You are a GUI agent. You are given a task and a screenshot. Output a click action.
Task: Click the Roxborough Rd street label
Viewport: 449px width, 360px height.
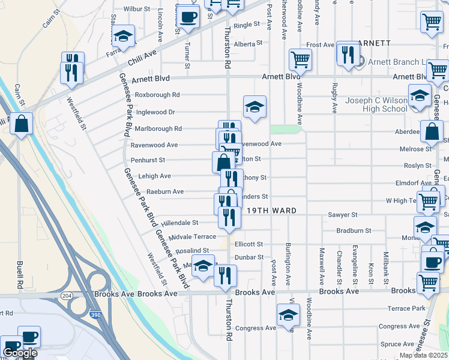[x=157, y=95]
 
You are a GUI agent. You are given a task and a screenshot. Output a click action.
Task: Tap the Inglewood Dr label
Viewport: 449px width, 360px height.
[x=155, y=112]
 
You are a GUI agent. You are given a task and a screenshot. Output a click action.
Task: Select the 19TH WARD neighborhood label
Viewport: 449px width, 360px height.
[x=268, y=211]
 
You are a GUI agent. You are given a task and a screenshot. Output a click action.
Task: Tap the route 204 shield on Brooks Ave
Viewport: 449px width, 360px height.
[x=66, y=295]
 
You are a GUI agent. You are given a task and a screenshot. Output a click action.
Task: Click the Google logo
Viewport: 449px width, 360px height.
[x=20, y=353]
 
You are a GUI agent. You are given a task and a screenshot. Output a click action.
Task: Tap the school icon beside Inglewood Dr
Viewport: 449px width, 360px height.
[x=255, y=108]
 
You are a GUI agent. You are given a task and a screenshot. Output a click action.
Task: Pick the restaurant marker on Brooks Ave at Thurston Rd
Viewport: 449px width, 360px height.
[x=225, y=276]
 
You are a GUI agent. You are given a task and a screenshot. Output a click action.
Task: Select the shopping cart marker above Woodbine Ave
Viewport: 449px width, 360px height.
[x=300, y=59]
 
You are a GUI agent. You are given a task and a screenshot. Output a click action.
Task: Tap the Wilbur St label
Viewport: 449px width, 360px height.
[x=136, y=10]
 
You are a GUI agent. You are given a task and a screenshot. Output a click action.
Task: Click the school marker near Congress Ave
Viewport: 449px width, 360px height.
[x=288, y=315]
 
